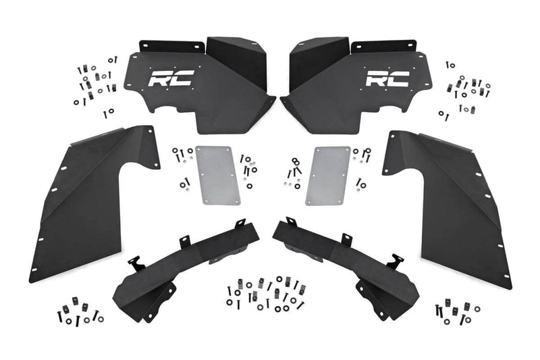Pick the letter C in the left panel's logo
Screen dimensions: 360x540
(183, 80)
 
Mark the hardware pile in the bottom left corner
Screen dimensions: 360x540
(78, 312)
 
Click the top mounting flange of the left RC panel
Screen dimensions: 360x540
(172, 46)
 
